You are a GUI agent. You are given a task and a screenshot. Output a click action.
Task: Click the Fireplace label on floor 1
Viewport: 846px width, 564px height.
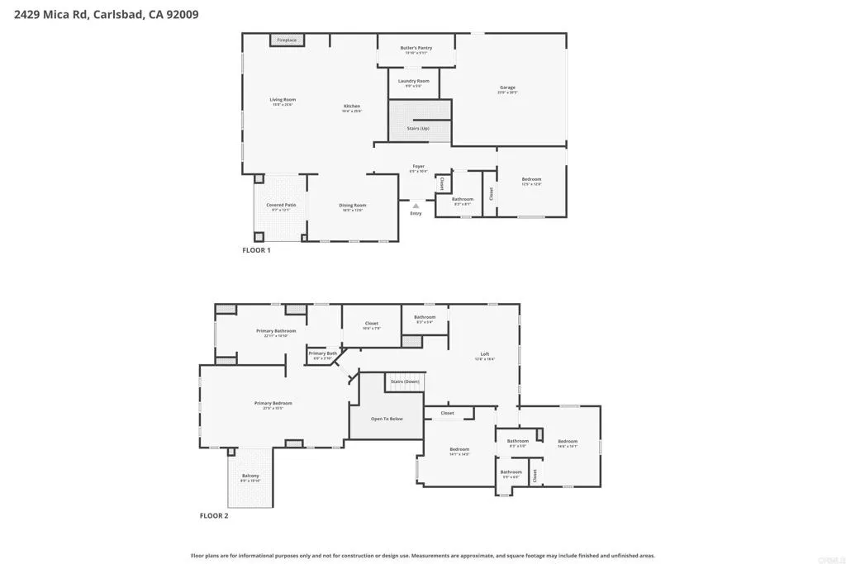[x=287, y=40]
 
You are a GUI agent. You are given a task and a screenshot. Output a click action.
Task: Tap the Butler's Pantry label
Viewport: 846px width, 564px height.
[x=416, y=48]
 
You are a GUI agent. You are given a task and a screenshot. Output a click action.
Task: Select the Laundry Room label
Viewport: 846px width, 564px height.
[x=413, y=81]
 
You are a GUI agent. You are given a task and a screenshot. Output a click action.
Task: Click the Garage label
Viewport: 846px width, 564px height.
[x=507, y=88]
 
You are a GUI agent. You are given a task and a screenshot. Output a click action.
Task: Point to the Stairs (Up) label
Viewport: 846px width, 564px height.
[x=419, y=128]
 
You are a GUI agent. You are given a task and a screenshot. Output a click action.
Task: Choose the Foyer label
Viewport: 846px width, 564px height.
[x=419, y=167]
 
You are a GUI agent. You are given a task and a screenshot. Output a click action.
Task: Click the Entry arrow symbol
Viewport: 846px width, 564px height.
[x=416, y=206]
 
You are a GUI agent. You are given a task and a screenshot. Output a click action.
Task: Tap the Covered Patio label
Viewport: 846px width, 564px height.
[x=281, y=205]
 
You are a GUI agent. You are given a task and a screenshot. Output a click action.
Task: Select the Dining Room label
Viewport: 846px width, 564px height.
[x=353, y=206]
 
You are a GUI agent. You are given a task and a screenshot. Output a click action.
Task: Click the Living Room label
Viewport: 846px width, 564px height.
[x=283, y=100]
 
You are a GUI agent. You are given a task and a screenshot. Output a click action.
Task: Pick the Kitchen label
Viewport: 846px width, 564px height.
[x=352, y=107]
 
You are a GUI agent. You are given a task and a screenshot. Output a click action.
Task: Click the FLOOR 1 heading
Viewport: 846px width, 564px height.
[x=256, y=250]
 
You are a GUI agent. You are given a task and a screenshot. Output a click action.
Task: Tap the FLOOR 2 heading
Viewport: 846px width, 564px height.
[x=214, y=516]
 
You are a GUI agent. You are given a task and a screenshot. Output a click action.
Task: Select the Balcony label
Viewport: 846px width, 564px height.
[x=250, y=476]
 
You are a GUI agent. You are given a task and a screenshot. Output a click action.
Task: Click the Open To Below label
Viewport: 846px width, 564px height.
[x=387, y=419]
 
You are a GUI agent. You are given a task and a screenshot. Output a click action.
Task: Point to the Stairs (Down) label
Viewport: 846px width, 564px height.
[x=405, y=382]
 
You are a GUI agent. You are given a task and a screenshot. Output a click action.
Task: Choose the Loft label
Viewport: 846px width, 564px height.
[x=485, y=355]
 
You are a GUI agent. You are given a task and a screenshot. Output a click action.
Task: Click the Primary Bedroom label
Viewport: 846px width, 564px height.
[x=273, y=403]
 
